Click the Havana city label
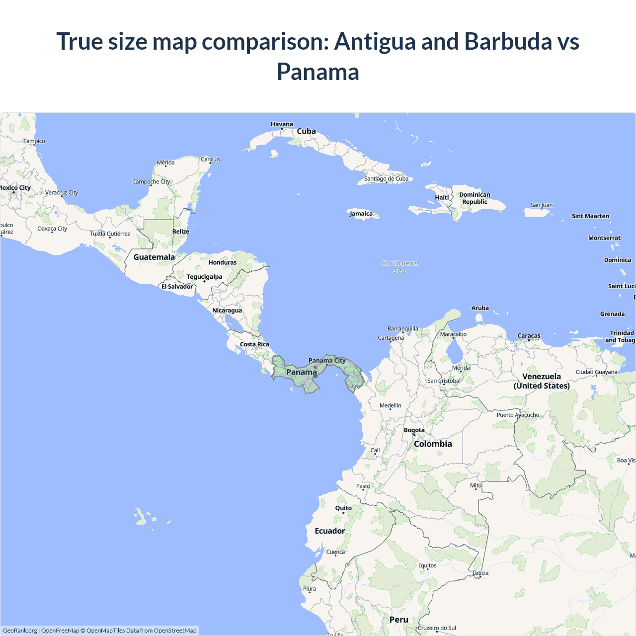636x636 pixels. pos(282,124)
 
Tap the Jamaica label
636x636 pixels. pos(361,214)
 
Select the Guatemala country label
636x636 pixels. pos(154,257)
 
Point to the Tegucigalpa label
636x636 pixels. pos(204,277)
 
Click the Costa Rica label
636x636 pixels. pos(254,344)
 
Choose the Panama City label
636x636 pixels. pos(327,360)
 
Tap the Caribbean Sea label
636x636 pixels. pos(400,267)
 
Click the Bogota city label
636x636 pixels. pos(414,430)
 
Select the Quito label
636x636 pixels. pos(343,508)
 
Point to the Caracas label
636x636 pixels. pos(529,336)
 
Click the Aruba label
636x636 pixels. pos(480,308)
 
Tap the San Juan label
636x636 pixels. pos(542,205)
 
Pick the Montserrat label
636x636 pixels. pos(604,238)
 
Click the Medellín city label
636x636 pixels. pos(391,405)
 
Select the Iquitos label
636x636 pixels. pos(427,565)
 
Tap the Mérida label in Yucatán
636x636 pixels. pos(165,162)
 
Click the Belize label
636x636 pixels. pos(181,232)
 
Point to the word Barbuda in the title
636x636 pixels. pos(508,41)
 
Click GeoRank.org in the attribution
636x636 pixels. pos(20,631)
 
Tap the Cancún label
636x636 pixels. pos(210,159)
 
